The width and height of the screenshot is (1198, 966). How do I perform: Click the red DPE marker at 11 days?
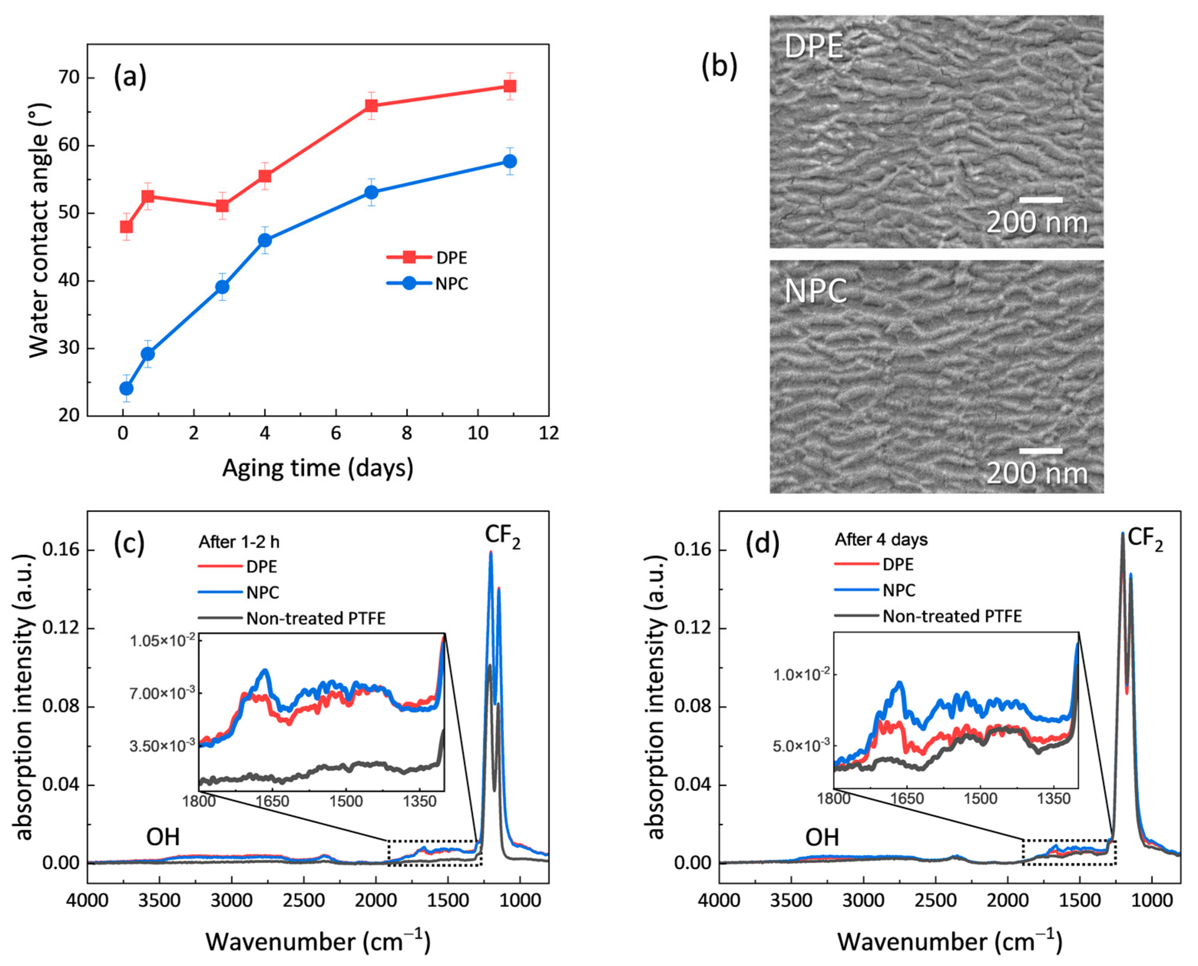pyautogui.click(x=510, y=86)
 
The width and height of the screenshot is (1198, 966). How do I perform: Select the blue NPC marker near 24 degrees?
pyautogui.click(x=126, y=388)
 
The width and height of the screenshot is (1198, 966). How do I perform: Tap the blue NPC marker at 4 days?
pyautogui.click(x=265, y=240)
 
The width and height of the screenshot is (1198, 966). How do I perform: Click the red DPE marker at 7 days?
pyautogui.click(x=372, y=106)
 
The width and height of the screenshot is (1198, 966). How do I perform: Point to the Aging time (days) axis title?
pyautogui.click(x=318, y=468)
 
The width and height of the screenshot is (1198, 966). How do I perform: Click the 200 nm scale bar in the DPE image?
pyautogui.click(x=1041, y=200)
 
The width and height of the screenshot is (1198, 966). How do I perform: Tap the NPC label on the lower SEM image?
pyautogui.click(x=815, y=291)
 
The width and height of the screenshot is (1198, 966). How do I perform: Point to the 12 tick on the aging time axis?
pyautogui.click(x=549, y=433)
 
